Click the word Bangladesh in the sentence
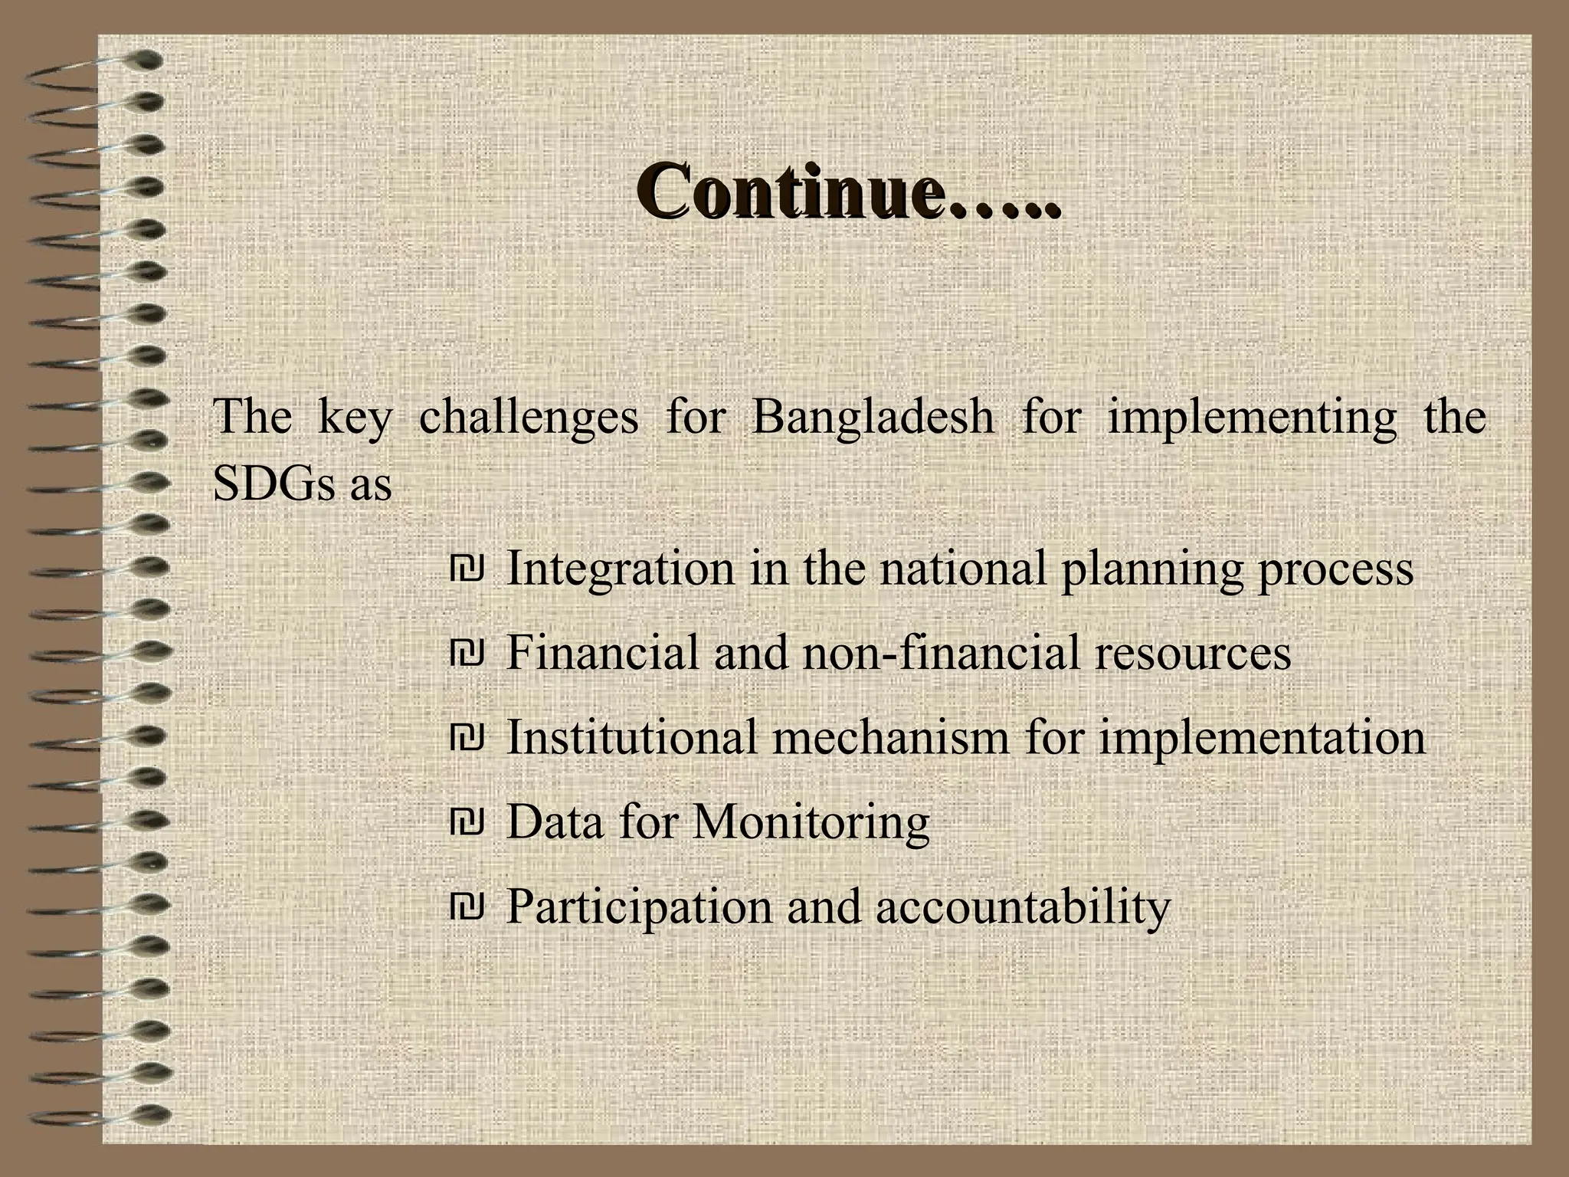click(x=873, y=418)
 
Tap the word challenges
click(x=528, y=418)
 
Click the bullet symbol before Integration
click(x=467, y=569)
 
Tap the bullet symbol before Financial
click(x=467, y=654)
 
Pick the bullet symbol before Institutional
click(x=467, y=738)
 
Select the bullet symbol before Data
click(x=467, y=823)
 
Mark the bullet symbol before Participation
click(x=467, y=907)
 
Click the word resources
click(x=1193, y=654)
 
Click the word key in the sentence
click(x=355, y=419)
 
